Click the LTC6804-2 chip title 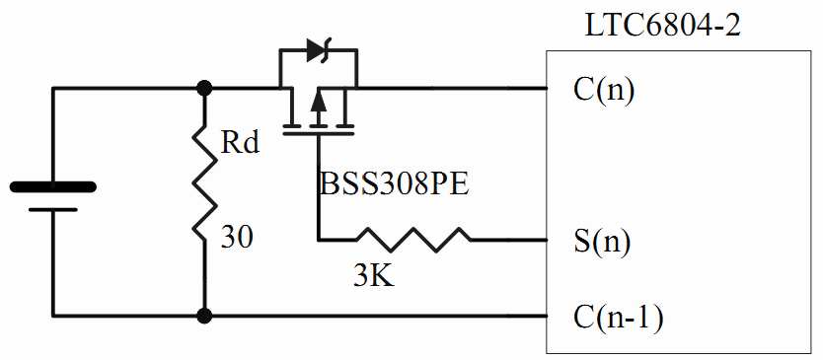point(662,25)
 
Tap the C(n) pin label point(604,91)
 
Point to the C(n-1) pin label point(619,318)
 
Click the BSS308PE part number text point(394,184)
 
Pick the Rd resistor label point(240,142)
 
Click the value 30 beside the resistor point(236,237)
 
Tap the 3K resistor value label point(374,276)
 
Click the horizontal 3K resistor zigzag point(413,240)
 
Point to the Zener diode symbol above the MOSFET point(319,51)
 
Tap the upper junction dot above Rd point(203,88)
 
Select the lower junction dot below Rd point(203,316)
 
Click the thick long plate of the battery point(53,186)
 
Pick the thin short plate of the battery point(53,209)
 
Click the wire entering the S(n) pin point(508,240)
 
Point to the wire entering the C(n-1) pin point(375,316)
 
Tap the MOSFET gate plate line point(318,134)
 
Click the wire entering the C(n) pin point(451,88)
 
